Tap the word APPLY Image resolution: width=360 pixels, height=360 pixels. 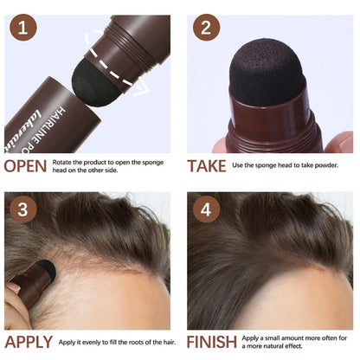click(29, 342)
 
